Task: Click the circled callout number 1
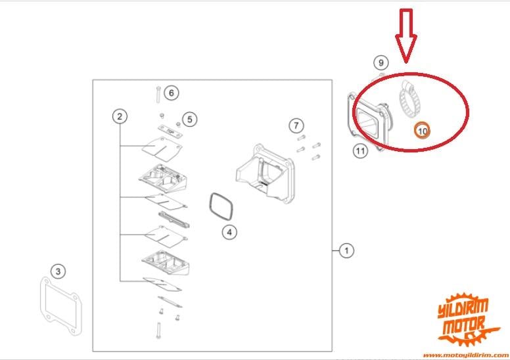(346, 251)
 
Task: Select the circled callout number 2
(120, 116)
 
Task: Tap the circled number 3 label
(58, 271)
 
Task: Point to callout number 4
(229, 232)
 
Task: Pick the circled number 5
(190, 120)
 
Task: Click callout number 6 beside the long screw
(172, 93)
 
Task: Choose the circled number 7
(296, 125)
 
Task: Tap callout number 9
(381, 62)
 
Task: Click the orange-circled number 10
(422, 131)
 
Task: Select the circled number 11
(360, 151)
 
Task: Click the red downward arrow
(406, 35)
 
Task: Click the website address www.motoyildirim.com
(467, 355)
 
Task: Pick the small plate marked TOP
(170, 131)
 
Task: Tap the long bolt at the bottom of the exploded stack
(158, 330)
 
